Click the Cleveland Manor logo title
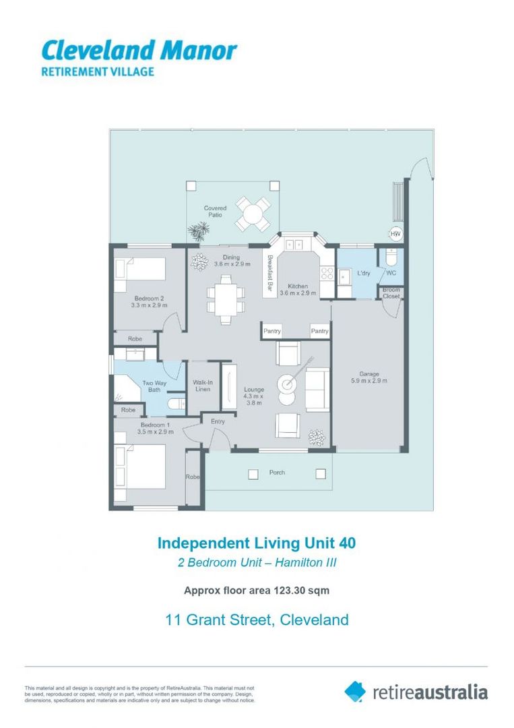tap(139, 50)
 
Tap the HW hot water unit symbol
tap(396, 233)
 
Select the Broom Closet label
tap(391, 293)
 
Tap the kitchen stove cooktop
tap(327, 273)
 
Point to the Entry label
tap(218, 421)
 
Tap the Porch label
tap(277, 473)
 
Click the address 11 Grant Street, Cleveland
tap(257, 619)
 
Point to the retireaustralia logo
tap(416, 692)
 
